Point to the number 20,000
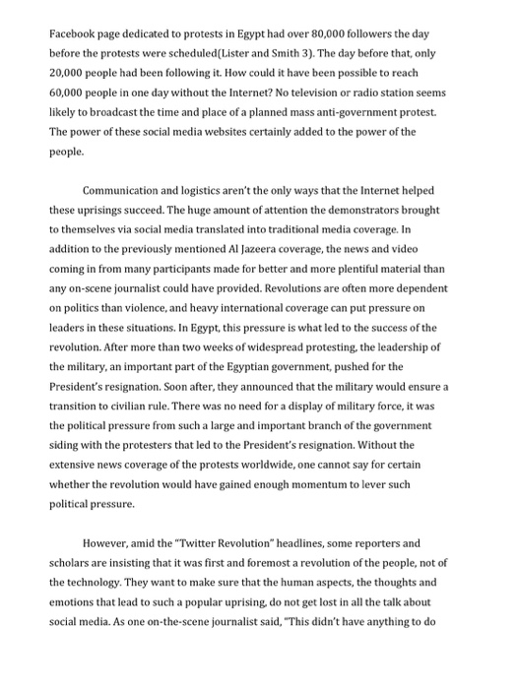click(x=70, y=74)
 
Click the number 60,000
click(x=70, y=94)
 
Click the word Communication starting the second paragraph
click(x=124, y=190)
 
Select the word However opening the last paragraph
click(x=104, y=541)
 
